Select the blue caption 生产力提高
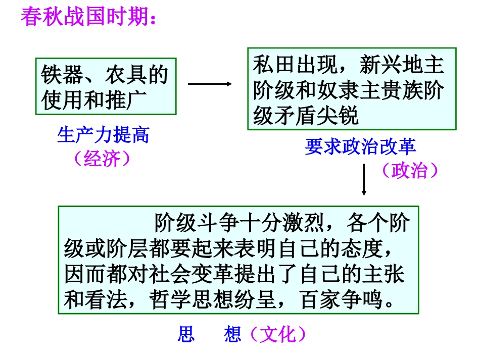104,135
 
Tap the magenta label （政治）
409,170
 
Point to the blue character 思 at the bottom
186,335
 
